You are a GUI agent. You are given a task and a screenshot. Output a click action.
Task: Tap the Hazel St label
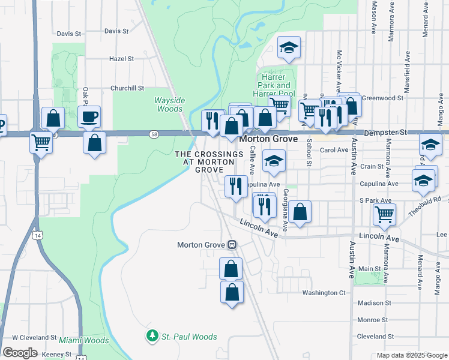pos(121,59)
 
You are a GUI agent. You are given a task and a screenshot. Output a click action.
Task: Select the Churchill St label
pos(127,88)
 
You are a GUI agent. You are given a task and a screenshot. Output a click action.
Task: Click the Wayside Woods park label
pos(169,104)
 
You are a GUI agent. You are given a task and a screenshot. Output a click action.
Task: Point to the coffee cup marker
pos(89,116)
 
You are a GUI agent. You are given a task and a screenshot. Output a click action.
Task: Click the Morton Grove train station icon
pos(232,245)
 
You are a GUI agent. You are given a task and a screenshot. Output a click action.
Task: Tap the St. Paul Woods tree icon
pos(153,337)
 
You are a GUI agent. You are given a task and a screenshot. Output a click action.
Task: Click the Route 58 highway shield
pos(154,133)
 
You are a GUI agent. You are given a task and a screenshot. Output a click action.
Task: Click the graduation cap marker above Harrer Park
pos(289,48)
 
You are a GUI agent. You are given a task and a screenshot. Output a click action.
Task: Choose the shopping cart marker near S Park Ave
pos(384,214)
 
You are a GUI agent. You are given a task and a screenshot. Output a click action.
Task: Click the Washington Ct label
pos(324,293)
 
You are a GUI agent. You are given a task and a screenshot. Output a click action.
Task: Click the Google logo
pos(20,352)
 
